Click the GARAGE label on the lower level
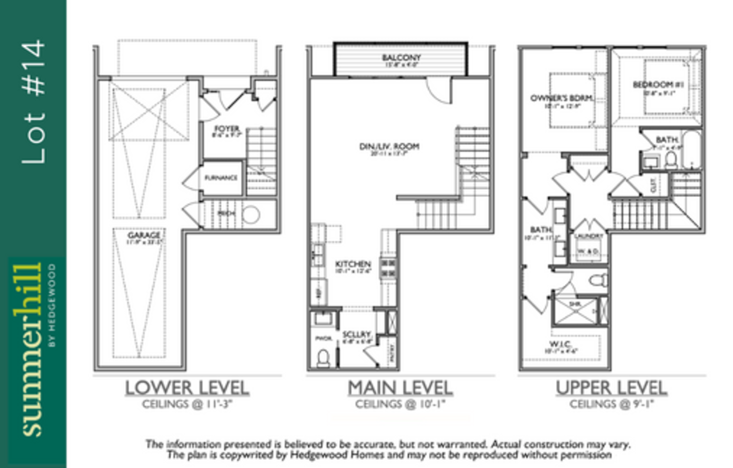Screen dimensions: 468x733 [144, 235]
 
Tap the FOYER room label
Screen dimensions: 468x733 [227, 129]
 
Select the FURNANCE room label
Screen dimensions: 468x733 [221, 178]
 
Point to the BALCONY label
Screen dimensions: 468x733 [401, 58]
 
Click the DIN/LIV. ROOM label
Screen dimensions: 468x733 [389, 146]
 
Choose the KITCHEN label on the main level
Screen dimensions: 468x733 [353, 264]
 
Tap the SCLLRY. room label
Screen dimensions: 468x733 [357, 335]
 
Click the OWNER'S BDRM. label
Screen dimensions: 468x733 [562, 98]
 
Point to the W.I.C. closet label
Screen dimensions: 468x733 [560, 344]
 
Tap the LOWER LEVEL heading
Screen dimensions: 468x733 [187, 388]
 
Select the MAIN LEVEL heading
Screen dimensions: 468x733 [400, 388]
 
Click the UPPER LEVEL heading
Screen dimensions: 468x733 [611, 388]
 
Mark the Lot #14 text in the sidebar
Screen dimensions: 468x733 [34, 102]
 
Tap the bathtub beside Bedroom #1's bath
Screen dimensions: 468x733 [691, 149]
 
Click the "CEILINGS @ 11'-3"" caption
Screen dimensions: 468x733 [187, 404]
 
